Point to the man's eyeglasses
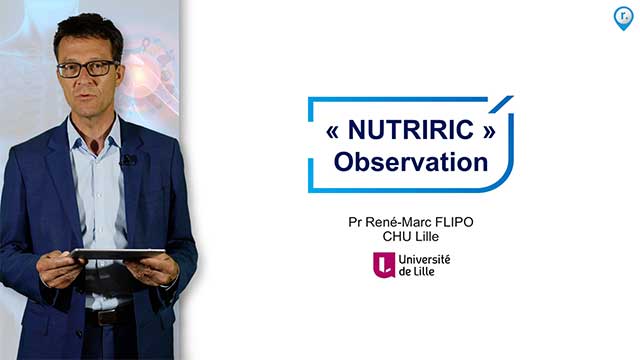click(88, 69)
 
